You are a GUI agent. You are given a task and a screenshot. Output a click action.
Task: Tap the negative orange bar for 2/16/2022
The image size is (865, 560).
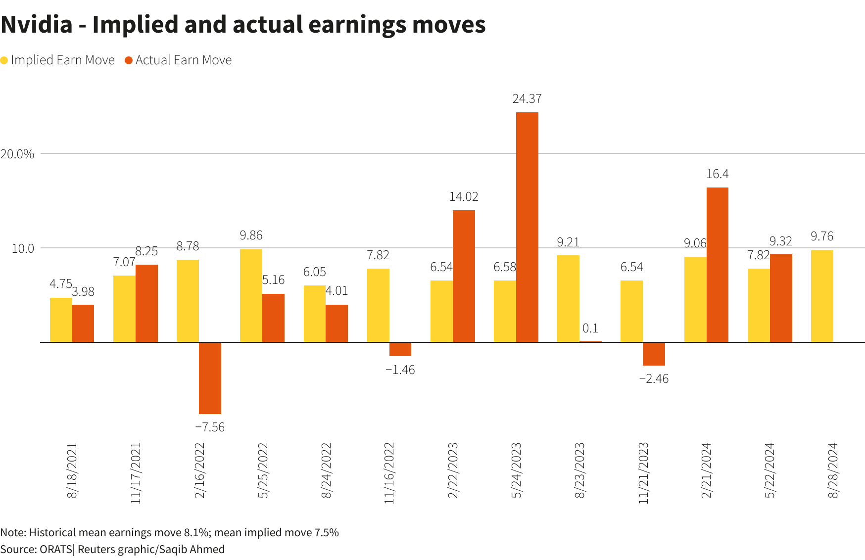pyautogui.click(x=210, y=378)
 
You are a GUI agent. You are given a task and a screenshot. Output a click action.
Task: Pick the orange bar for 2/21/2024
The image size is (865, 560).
pyautogui.click(x=717, y=265)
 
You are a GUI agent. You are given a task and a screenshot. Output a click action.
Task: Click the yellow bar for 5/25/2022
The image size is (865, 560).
pyautogui.click(x=251, y=295)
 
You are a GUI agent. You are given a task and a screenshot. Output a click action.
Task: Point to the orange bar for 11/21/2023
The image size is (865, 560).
pyautogui.click(x=654, y=354)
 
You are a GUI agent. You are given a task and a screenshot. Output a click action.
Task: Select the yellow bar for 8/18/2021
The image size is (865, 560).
pyautogui.click(x=61, y=320)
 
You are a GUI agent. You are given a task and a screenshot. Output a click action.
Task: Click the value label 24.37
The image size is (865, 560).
pyautogui.click(x=527, y=99)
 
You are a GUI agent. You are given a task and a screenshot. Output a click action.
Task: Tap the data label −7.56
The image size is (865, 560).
pyautogui.click(x=210, y=427)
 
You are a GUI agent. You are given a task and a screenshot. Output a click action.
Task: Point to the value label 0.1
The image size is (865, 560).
pyautogui.click(x=590, y=328)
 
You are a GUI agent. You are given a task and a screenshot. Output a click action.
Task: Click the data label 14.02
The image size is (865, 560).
pyautogui.click(x=464, y=197)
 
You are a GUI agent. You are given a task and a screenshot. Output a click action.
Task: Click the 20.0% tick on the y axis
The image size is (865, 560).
pyautogui.click(x=17, y=154)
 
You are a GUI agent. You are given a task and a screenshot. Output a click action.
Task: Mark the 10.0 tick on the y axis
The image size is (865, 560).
pyautogui.click(x=23, y=248)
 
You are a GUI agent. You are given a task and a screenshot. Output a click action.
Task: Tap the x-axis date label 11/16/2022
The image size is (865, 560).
pyautogui.click(x=389, y=473)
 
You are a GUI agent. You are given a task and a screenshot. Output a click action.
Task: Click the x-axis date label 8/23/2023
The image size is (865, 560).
pyautogui.click(x=579, y=470)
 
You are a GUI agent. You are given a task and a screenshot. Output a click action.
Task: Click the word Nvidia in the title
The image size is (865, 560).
pyautogui.click(x=37, y=25)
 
